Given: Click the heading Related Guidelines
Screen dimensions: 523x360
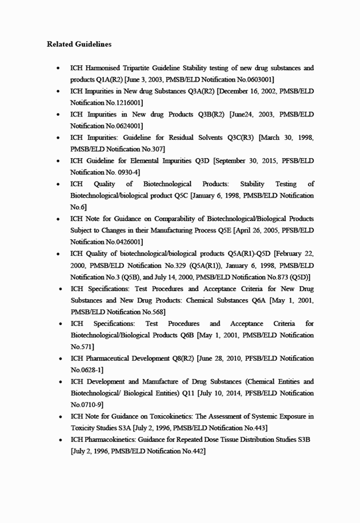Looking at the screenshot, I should click(x=79, y=44).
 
